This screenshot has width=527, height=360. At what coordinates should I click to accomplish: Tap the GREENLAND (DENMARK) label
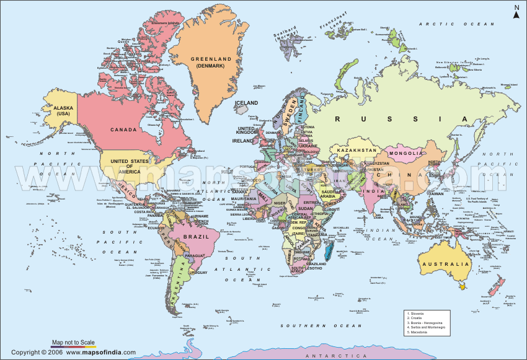pyautogui.click(x=210, y=62)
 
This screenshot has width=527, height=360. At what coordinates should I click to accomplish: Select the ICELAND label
pyautogui.click(x=246, y=103)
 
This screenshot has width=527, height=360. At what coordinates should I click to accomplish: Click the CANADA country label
pyautogui.click(x=123, y=130)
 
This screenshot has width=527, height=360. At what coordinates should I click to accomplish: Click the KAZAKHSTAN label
pyautogui.click(x=356, y=150)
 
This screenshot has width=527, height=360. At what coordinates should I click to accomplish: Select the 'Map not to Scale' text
pyautogui.click(x=73, y=342)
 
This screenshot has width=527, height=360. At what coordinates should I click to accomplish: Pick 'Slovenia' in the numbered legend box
pyautogui.click(x=419, y=314)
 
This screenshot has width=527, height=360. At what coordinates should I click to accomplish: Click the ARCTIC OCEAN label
pyautogui.click(x=448, y=24)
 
